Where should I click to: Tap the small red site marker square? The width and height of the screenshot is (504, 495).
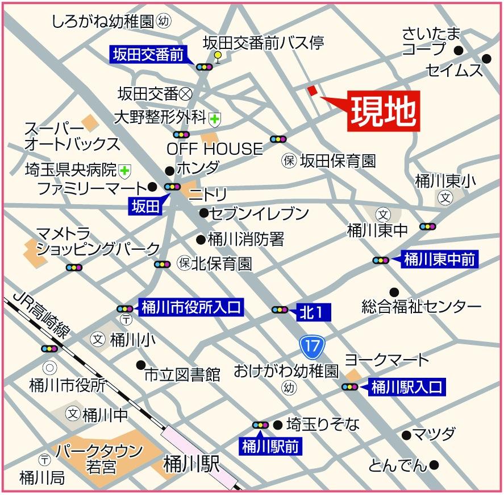click(312, 90)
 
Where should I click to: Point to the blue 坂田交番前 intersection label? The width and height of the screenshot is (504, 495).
click(148, 55)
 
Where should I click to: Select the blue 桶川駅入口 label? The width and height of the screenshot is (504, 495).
click(406, 387)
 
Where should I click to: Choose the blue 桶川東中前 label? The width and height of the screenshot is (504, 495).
click(439, 260)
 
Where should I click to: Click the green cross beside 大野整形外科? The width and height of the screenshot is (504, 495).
click(215, 118)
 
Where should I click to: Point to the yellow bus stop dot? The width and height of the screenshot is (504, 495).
click(218, 55)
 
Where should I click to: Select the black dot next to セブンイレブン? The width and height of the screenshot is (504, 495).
click(203, 213)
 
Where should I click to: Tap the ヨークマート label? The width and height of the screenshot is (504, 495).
click(386, 360)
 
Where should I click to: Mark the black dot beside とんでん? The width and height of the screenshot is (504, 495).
click(434, 465)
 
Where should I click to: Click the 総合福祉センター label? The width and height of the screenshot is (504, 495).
click(421, 307)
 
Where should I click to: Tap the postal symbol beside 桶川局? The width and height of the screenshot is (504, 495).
click(43, 459)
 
